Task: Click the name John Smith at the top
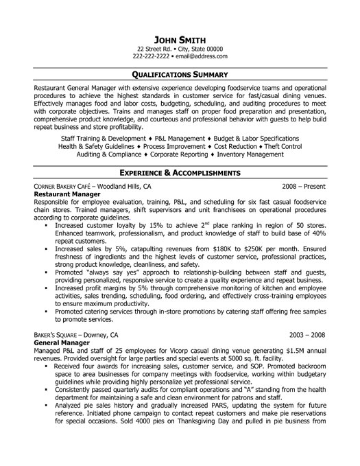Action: (x=180, y=38)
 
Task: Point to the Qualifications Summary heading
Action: (x=180, y=73)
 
